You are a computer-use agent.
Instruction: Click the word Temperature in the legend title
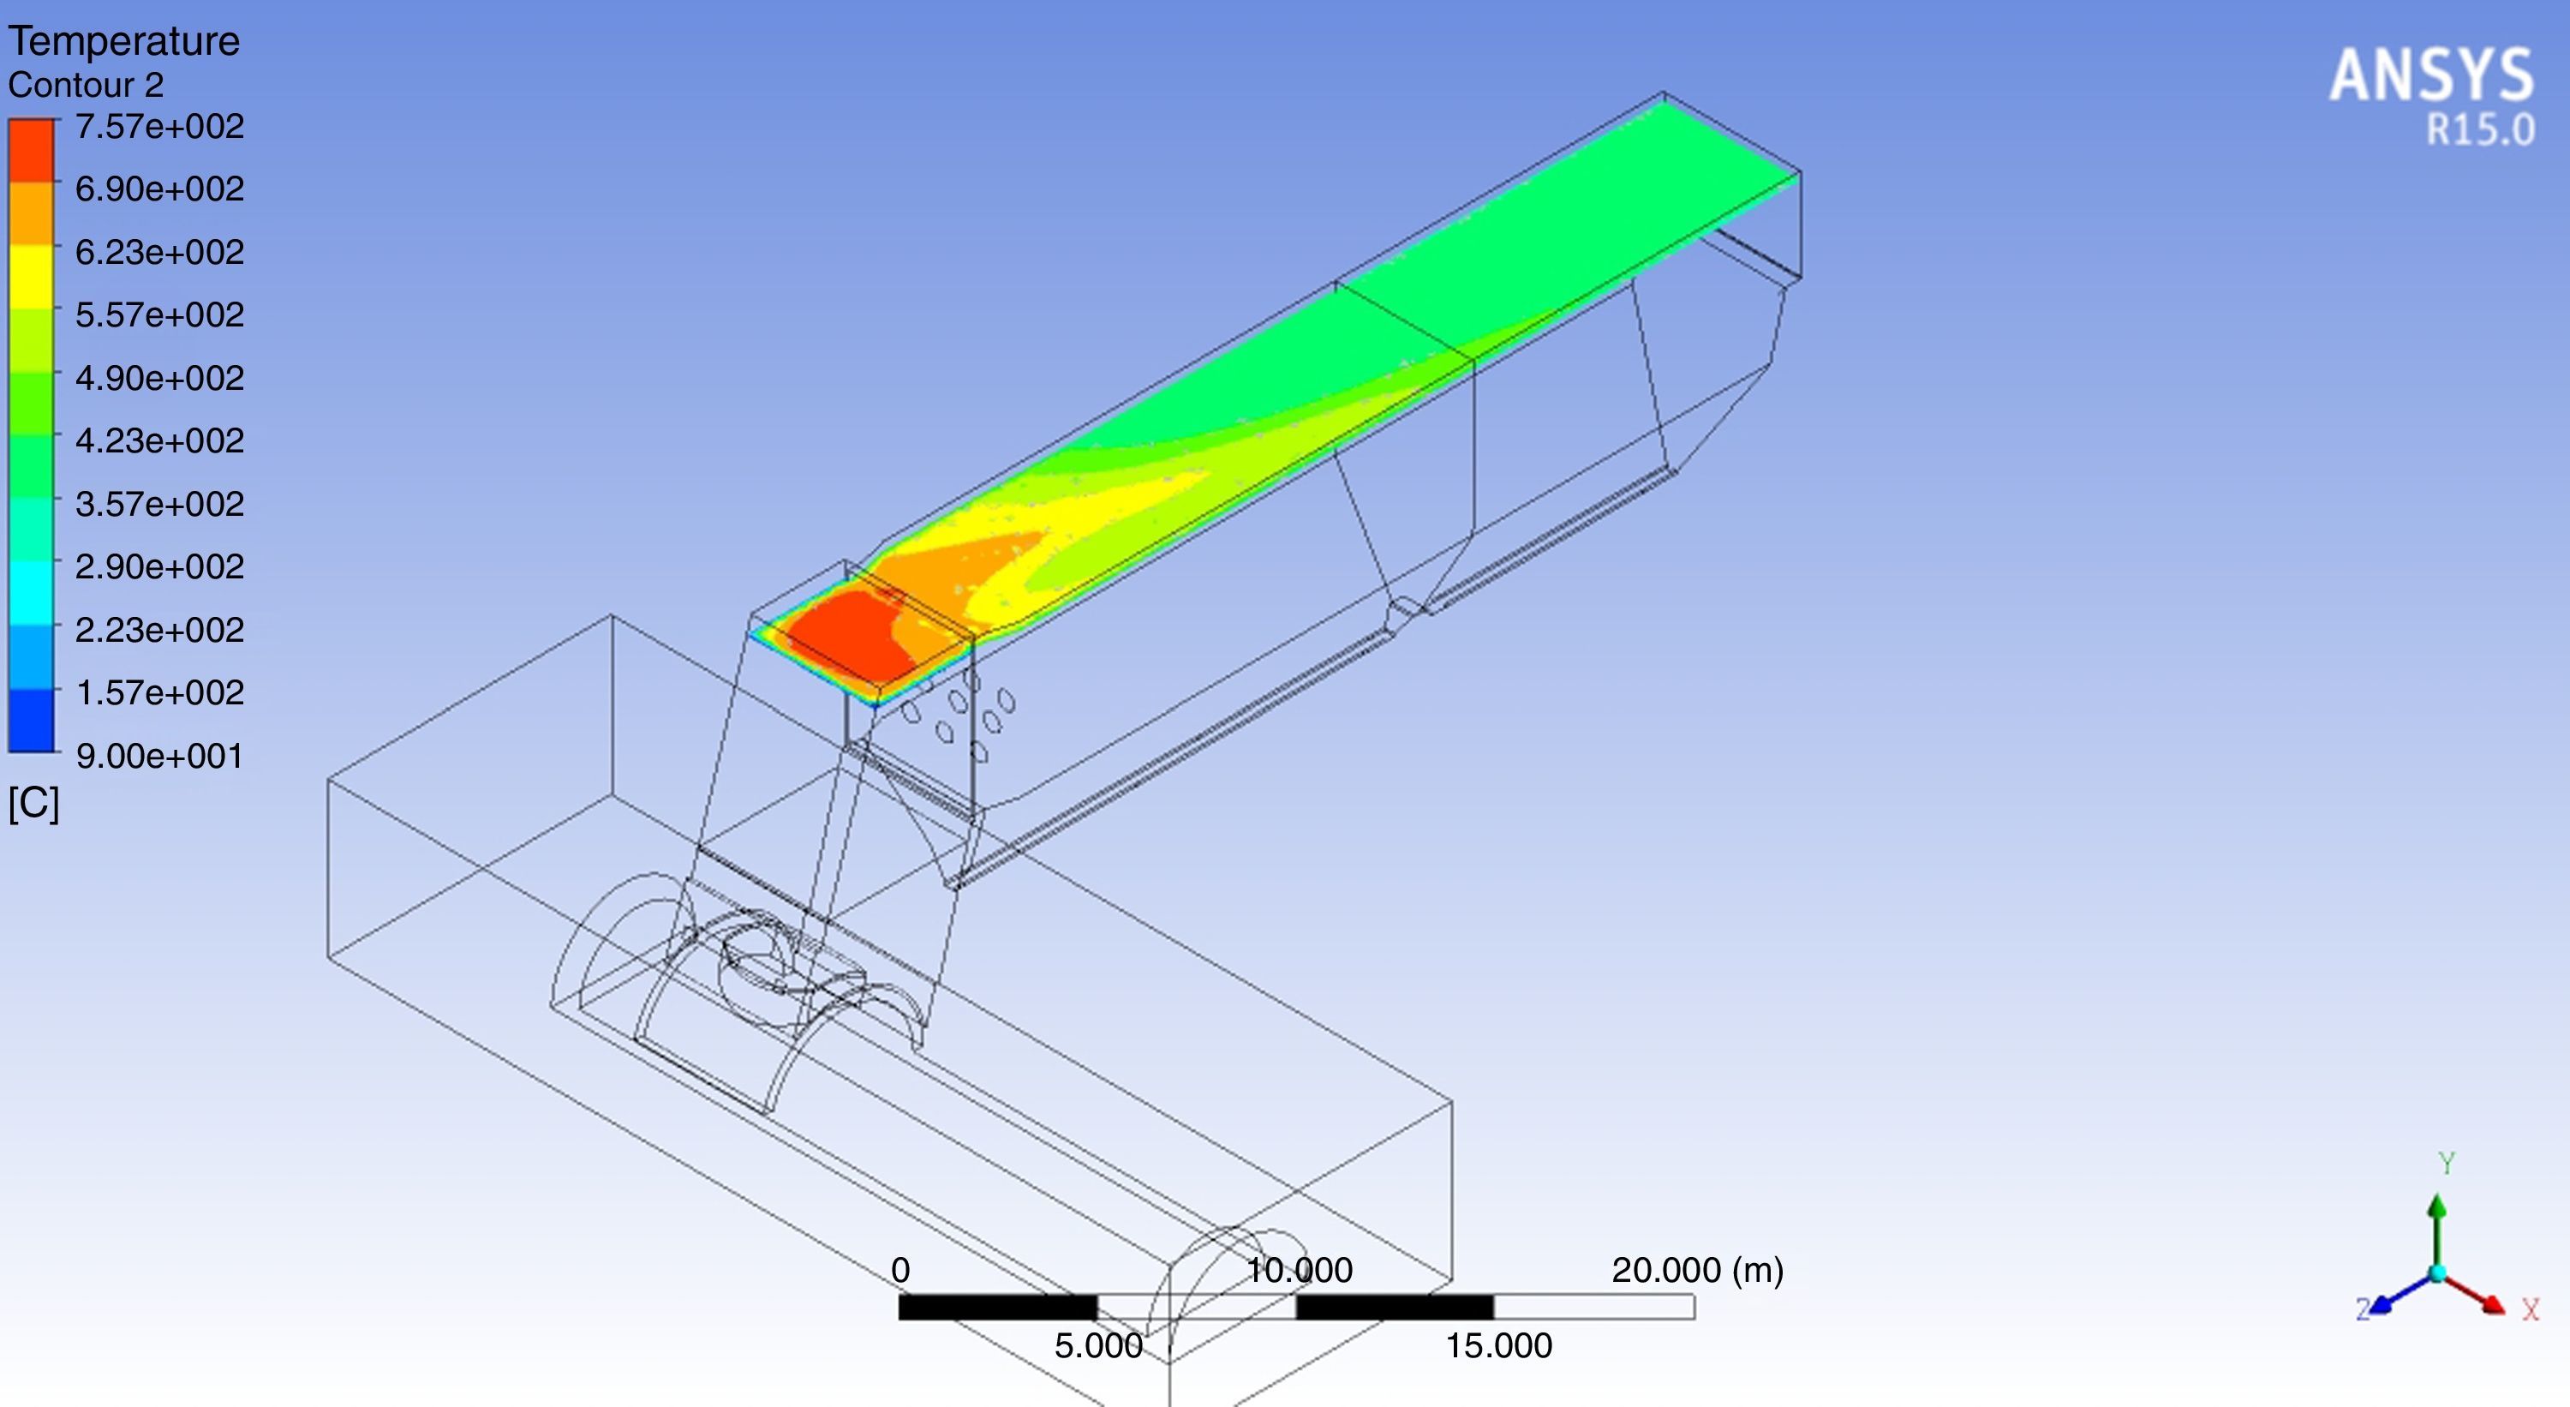pos(123,42)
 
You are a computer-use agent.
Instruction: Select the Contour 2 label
pos(86,85)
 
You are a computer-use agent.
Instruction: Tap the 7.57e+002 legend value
pos(159,127)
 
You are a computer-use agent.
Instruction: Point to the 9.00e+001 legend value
pos(159,756)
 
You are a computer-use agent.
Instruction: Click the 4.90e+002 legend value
pos(159,378)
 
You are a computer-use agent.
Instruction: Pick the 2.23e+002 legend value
pos(159,630)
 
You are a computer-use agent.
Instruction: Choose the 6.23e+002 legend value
pos(159,253)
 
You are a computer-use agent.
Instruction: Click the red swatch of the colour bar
pos(31,150)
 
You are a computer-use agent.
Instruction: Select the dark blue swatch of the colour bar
pos(31,720)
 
